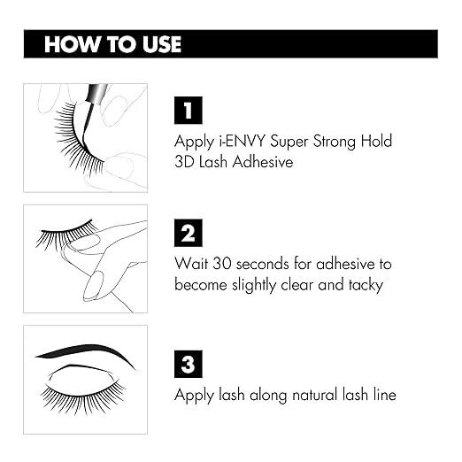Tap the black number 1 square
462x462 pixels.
[188, 110]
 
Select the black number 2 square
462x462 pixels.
[188, 233]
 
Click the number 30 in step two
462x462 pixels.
[222, 265]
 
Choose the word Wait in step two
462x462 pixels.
[191, 265]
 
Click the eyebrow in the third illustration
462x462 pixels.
[84, 352]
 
